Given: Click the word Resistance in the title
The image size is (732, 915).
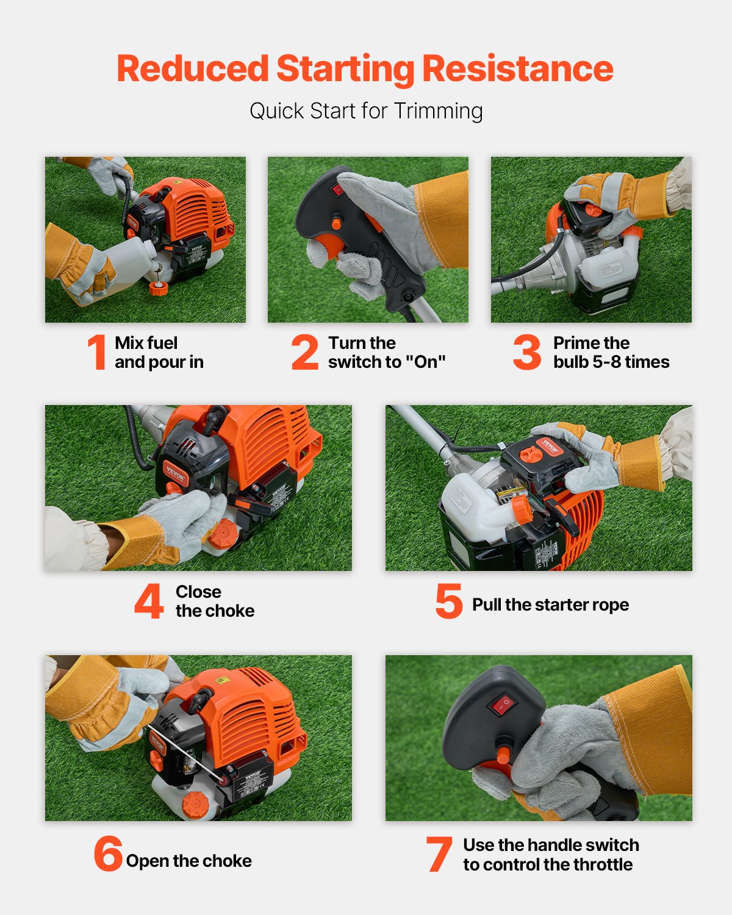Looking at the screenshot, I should point(517,68).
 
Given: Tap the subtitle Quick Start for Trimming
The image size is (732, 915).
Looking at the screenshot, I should point(366,111).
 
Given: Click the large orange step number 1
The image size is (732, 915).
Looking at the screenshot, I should point(97,352).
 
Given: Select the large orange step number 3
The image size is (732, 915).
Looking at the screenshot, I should point(526,352).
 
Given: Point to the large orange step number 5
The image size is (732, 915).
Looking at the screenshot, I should point(448,601).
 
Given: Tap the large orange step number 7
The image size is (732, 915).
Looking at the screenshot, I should point(439,855).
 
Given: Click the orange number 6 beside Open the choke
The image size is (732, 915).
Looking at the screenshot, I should point(108,854).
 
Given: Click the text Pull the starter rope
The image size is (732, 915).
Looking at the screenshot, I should point(550,605).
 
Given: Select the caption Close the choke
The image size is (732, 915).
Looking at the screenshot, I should point(215,601).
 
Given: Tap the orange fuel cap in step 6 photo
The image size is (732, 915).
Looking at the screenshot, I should point(196,805).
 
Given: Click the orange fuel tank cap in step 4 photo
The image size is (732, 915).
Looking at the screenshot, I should point(223,537).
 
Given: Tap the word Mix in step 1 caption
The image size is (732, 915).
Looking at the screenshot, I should point(129,343).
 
